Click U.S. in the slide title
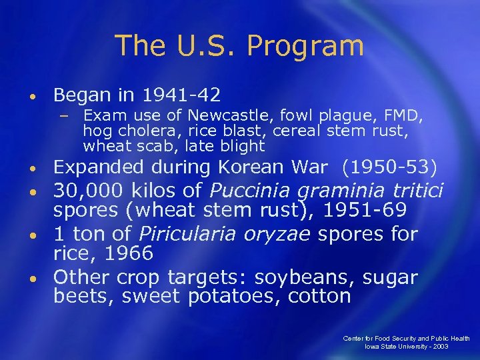coord(212,45)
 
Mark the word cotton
coord(319,297)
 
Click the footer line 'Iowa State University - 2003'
coord(406,347)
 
